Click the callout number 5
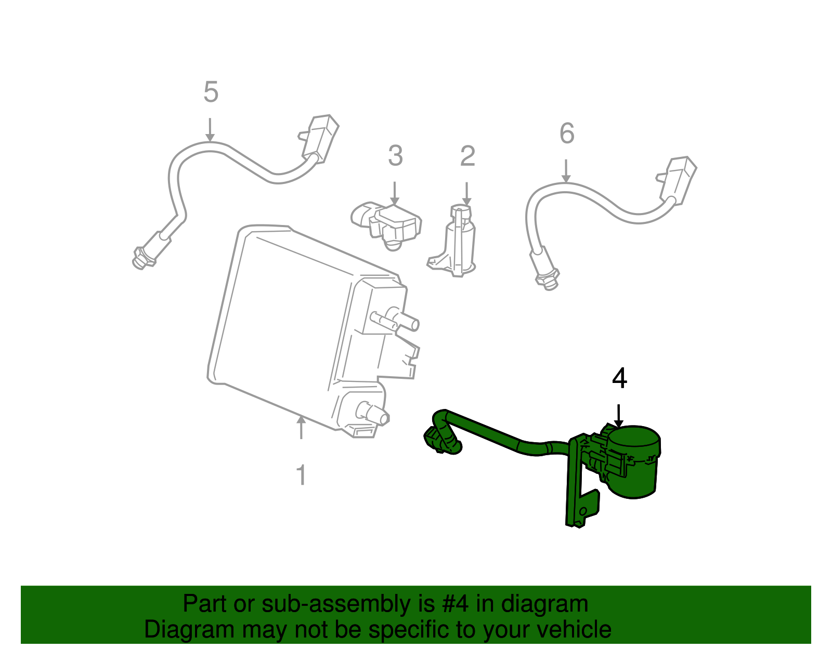pos(211,92)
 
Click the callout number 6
pos(567,134)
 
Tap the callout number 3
pos(395,156)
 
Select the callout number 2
pos(467,156)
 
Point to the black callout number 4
pos(619,378)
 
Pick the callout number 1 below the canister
pos(301,475)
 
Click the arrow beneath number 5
pos(210,130)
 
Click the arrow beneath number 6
pos(566,171)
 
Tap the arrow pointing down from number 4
pos(619,416)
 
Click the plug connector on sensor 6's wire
pos(678,179)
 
